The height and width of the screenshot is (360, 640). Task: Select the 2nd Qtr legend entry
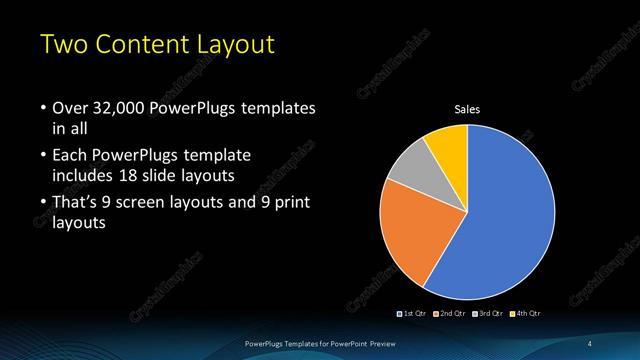[x=449, y=314]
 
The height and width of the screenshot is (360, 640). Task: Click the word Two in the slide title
[x=62, y=45]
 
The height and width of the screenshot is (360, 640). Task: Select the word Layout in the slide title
[x=236, y=45]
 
